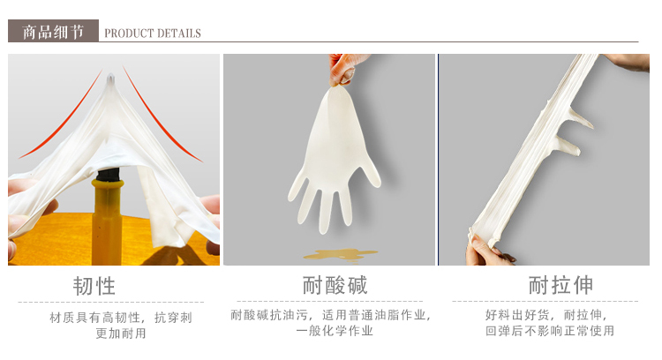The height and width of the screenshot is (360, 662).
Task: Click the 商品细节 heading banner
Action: [53, 31]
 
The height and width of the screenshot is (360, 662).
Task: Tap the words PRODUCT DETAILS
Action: [153, 34]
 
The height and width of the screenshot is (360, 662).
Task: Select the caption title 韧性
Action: [94, 286]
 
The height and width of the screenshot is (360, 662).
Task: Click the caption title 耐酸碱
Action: [335, 285]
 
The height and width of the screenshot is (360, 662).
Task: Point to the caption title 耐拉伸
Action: [560, 285]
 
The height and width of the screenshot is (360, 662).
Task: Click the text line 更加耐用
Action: [121, 334]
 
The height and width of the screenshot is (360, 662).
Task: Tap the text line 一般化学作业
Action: [335, 331]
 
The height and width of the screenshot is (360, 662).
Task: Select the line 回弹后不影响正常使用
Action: [549, 331]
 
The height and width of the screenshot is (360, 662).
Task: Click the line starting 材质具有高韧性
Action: [121, 318]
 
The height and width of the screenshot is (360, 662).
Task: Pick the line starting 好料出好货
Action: [545, 315]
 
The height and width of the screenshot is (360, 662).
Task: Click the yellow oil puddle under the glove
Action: [340, 254]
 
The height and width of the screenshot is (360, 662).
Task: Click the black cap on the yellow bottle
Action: [108, 175]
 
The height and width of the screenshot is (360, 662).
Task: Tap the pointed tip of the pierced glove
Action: [110, 77]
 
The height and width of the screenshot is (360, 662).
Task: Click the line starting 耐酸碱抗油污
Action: [331, 315]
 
